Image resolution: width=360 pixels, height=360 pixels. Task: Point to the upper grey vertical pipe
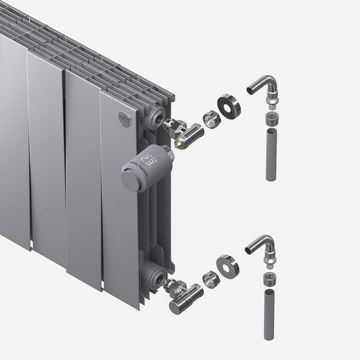tap(270, 155)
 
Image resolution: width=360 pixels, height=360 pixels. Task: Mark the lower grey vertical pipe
tap(270, 314)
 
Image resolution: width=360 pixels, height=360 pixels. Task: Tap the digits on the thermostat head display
tap(149, 159)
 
